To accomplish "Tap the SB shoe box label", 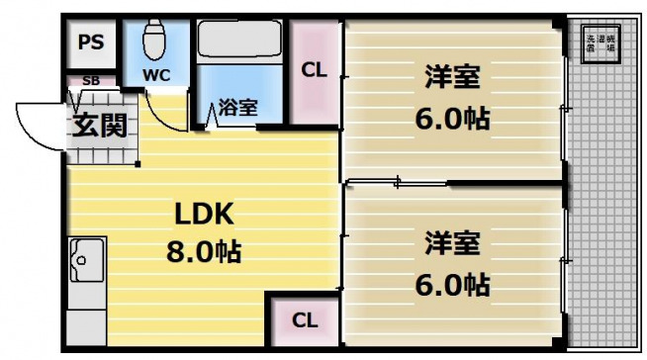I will click(x=90, y=81).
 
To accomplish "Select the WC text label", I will click(x=155, y=75).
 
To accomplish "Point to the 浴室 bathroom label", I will click(x=238, y=107).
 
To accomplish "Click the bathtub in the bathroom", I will click(x=240, y=40).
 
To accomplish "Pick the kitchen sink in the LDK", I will click(x=85, y=260).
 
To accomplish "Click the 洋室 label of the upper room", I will click(x=452, y=77).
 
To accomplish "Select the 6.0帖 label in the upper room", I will click(x=452, y=119).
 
